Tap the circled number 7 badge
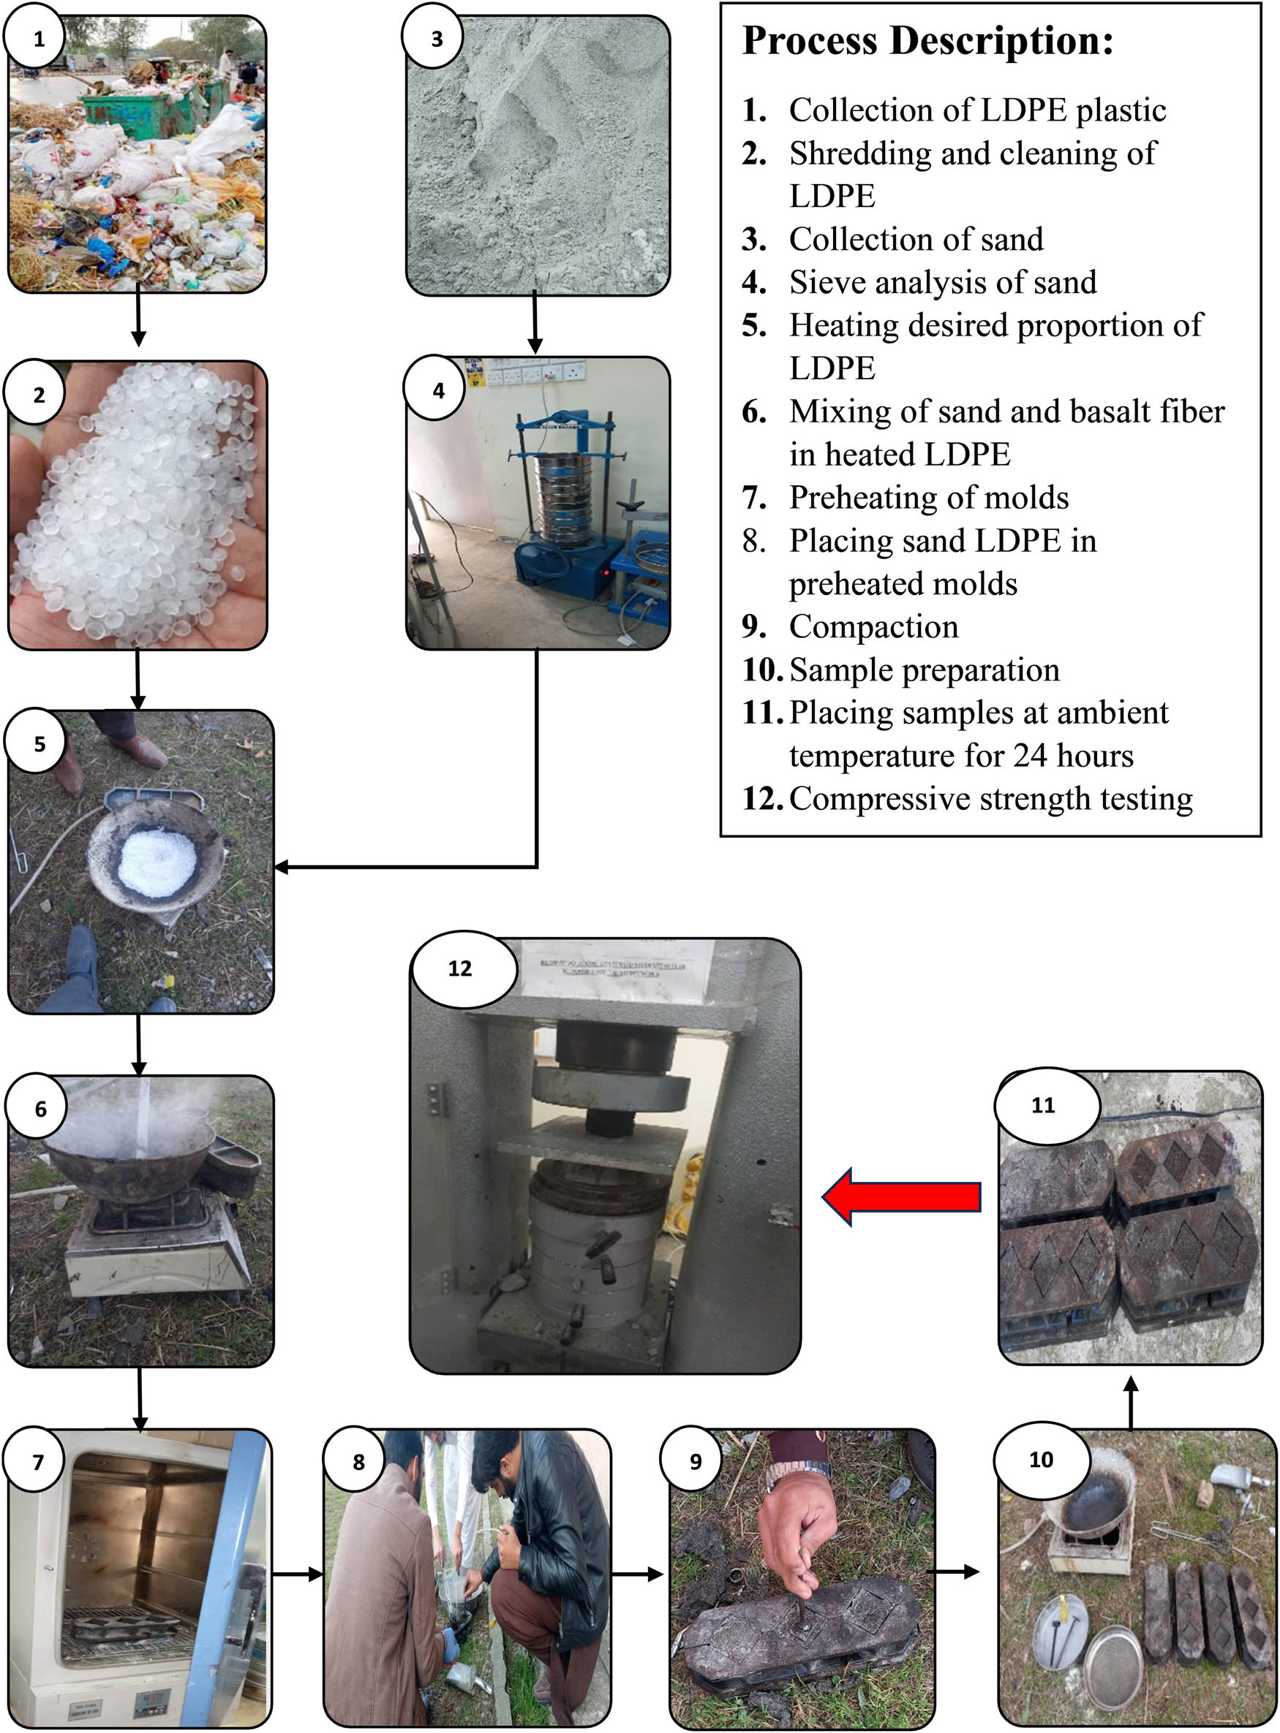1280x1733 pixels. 37,1463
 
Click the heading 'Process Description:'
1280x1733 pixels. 927,40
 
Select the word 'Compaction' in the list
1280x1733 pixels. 873,626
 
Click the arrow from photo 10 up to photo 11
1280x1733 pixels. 1131,1403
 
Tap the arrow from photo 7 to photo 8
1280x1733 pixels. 298,1574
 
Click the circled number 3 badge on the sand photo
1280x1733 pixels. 435,39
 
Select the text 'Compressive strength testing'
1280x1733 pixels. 990,798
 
